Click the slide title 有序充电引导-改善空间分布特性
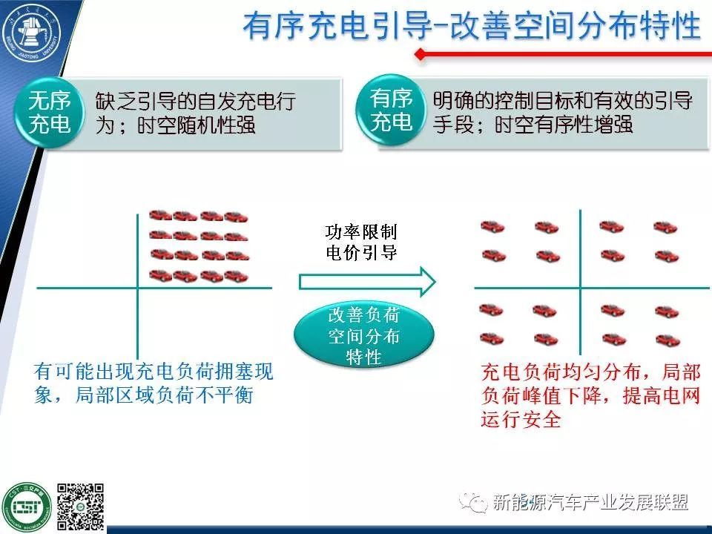click(x=471, y=26)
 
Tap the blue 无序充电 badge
click(x=50, y=111)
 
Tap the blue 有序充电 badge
click(x=392, y=110)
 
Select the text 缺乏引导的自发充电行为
click(x=195, y=113)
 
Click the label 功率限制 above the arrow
click(x=361, y=233)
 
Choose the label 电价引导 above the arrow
click(x=361, y=252)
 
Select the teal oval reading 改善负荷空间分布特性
click(x=363, y=336)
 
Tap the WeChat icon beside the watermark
click(x=475, y=503)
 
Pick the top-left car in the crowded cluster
click(x=161, y=216)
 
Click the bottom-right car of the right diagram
click(x=667, y=339)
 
